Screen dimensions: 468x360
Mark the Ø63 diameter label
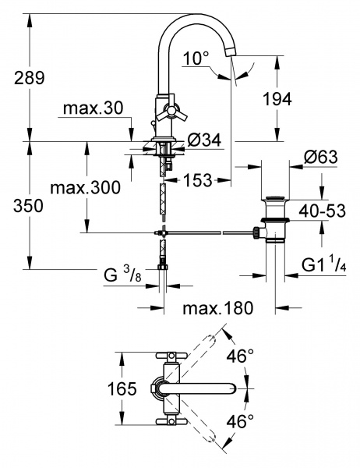click(320, 157)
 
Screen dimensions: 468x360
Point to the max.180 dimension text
click(218, 308)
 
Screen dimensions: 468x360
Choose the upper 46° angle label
click(240, 356)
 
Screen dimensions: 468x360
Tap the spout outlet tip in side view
click(230, 51)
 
